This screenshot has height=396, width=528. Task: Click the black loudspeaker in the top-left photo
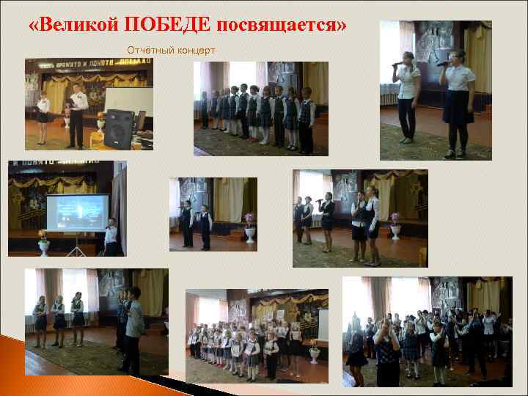(120, 128)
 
